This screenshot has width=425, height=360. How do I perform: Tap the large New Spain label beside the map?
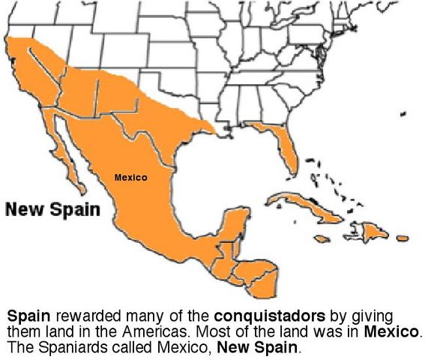coord(52,209)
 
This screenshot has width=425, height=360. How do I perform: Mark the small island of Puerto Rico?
coord(403,238)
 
